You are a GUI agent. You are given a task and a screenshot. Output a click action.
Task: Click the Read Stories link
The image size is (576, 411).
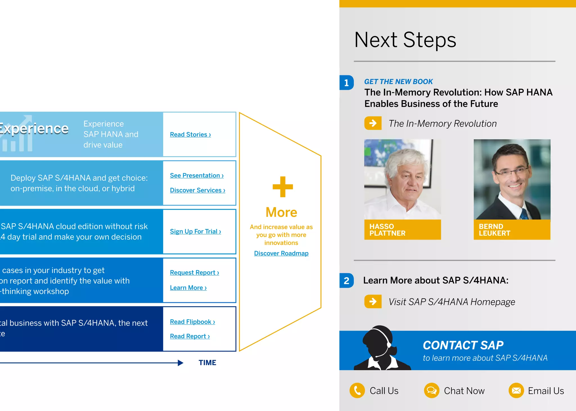coord(190,135)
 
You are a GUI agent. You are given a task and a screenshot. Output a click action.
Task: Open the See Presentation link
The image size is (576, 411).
coord(197,176)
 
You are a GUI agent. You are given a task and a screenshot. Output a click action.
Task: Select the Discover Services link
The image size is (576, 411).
coord(197,190)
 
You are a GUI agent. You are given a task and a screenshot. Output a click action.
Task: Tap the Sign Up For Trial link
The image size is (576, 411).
coord(195,231)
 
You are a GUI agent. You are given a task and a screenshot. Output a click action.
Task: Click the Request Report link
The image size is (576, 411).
coord(194,273)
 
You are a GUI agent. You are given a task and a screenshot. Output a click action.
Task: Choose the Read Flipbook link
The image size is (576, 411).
coord(192,322)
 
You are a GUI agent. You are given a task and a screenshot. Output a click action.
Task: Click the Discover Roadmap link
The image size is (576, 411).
coord(281,253)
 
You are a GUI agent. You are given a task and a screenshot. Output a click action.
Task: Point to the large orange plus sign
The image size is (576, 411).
coord(283,187)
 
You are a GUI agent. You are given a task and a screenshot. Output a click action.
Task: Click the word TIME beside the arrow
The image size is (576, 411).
coord(207,363)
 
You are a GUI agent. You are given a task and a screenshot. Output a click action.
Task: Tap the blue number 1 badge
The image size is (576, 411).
coord(346,83)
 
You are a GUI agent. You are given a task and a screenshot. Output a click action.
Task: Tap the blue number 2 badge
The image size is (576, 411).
coord(346,281)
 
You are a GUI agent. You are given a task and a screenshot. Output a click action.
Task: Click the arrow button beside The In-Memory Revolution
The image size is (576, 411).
coord(373,123)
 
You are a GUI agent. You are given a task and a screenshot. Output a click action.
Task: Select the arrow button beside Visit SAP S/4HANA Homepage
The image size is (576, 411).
coord(373,301)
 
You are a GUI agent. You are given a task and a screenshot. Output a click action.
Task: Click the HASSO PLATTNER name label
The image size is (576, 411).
coord(402,230)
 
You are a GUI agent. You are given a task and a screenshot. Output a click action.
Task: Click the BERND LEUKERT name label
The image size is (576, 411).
coord(512,230)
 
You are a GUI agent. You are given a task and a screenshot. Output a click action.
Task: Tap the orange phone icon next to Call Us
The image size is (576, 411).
coord(357,390)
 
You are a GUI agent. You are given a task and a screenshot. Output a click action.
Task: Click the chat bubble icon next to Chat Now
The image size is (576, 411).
coord(431,390)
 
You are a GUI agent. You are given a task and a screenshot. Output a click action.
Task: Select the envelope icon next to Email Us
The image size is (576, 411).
coord(516,390)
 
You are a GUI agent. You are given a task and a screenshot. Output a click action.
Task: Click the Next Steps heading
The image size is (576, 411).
coord(405,40)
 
